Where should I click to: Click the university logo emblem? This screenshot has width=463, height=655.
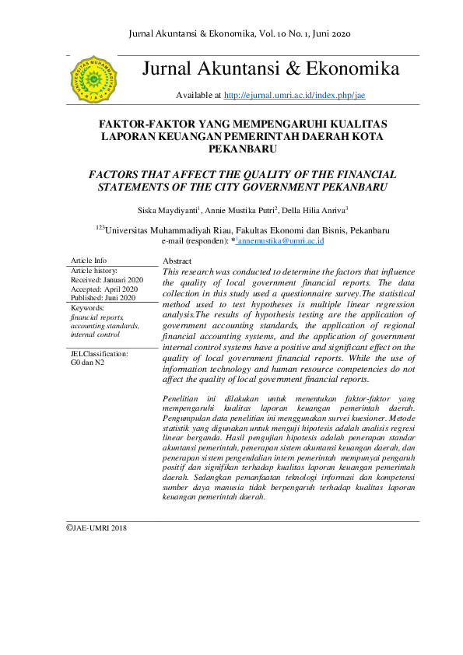[x=94, y=79]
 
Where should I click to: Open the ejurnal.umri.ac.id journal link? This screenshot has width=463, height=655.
[x=294, y=96]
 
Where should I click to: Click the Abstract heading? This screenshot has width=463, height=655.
[x=178, y=261]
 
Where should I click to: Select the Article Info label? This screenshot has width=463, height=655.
[x=89, y=261]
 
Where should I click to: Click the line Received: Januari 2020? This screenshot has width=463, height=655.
[x=107, y=279]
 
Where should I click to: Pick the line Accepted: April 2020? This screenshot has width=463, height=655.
[x=103, y=289]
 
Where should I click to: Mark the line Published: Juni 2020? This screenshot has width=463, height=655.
[x=103, y=298]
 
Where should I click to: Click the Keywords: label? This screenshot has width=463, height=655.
[x=87, y=308]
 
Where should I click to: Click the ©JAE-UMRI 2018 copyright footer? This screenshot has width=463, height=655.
[x=96, y=527]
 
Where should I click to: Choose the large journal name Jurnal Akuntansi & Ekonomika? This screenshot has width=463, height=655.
[x=271, y=69]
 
